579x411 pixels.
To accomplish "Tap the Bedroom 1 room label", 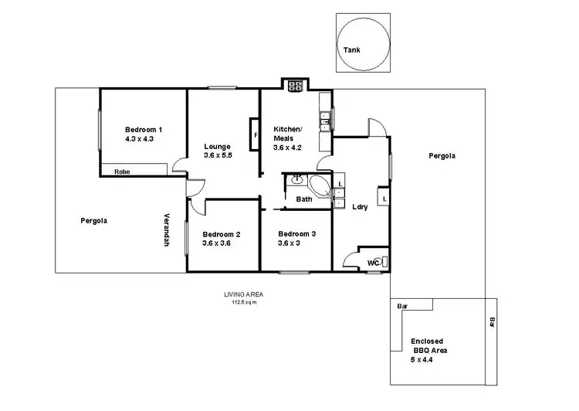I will (144, 129).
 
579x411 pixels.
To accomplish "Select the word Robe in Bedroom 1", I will (122, 171).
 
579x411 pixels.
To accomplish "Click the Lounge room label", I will (218, 146).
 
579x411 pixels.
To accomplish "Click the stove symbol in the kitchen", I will (295, 87).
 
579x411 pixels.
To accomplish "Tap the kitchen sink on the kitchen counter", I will (327, 118).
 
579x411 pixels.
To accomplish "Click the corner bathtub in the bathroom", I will (317, 186).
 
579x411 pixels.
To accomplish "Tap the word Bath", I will (304, 199).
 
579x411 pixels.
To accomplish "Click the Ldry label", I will (360, 207).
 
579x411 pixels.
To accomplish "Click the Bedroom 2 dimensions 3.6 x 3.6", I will (217, 243).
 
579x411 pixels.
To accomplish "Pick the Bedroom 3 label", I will (296, 234).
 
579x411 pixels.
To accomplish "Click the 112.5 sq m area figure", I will (240, 302).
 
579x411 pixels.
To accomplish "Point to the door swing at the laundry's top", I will (376, 128).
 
